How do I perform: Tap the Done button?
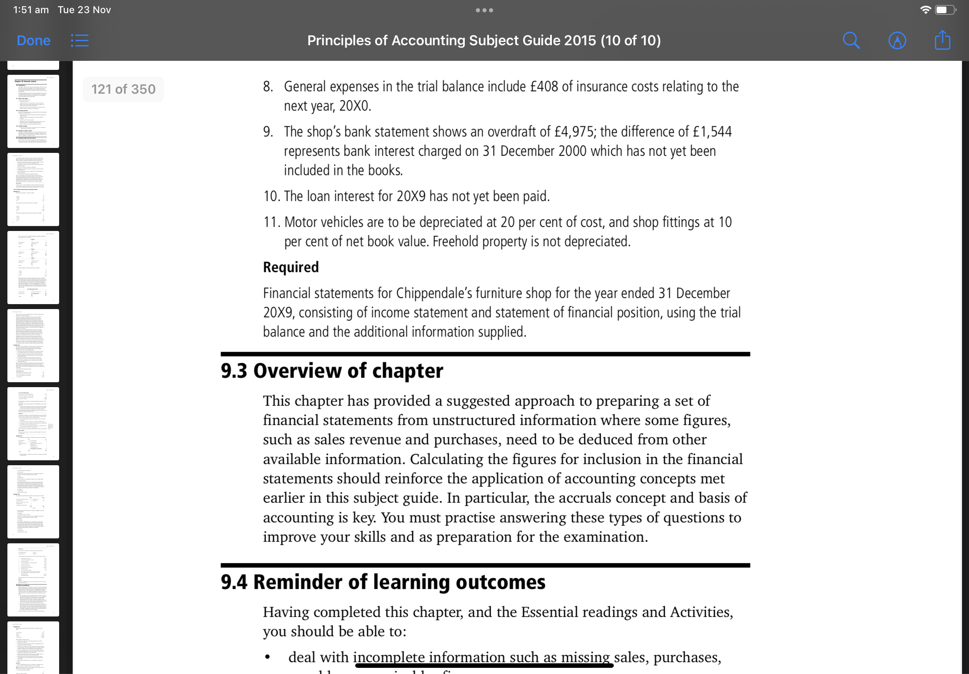click(33, 41)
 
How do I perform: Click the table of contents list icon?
click(79, 41)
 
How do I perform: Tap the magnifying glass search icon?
click(851, 41)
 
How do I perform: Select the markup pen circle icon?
click(897, 41)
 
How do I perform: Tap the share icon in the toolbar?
click(942, 41)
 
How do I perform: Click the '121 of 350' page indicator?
click(123, 89)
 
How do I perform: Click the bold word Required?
click(291, 267)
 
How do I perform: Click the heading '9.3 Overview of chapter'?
click(332, 371)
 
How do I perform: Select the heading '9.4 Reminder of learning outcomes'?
click(383, 582)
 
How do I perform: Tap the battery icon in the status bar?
click(944, 10)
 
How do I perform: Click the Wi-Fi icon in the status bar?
click(925, 10)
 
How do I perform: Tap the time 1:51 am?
click(31, 10)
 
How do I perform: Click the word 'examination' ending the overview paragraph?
click(604, 537)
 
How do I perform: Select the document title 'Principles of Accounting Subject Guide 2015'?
click(451, 41)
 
